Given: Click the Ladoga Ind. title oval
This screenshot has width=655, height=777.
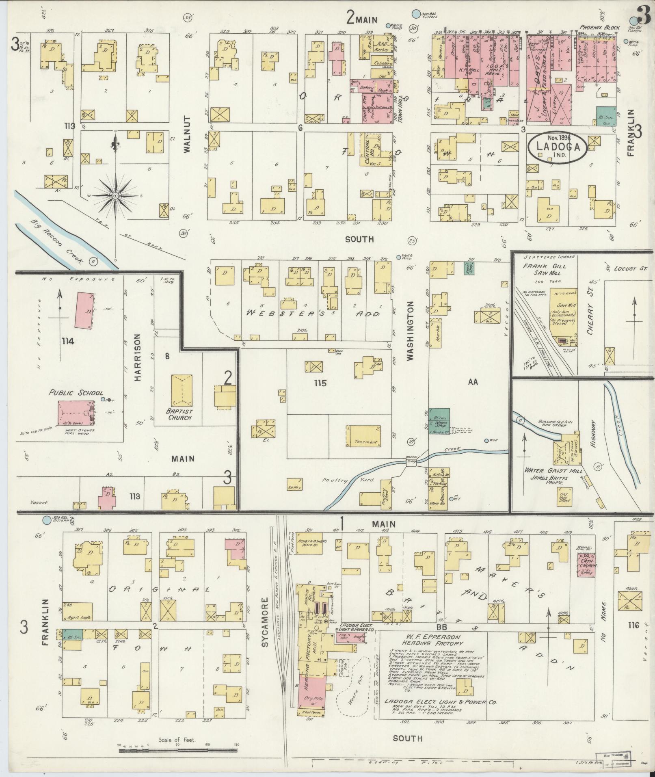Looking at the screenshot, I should point(557,148).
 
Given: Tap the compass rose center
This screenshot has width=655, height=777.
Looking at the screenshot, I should point(116,196).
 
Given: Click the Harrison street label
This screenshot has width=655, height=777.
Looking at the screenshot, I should point(138,357).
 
